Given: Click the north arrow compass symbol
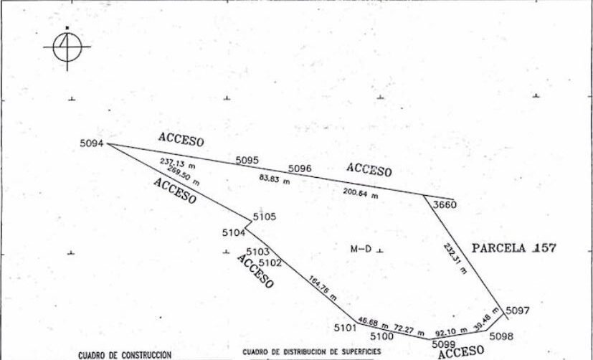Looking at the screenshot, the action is [67, 47].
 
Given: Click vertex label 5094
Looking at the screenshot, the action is [92, 143].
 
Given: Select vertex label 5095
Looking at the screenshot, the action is [247, 161].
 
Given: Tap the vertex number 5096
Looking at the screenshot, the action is [300, 169].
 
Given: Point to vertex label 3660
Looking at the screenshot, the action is [445, 204].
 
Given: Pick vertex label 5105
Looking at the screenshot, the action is [265, 217].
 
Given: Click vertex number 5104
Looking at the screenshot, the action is [234, 232].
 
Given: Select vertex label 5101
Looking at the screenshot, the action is [346, 328].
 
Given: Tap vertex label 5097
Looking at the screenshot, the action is [518, 311].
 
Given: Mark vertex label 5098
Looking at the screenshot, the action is [501, 336].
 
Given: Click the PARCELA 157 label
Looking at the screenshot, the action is [514, 248].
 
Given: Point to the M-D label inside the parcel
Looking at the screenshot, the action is [361, 249].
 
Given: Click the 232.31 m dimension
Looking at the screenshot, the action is [455, 259].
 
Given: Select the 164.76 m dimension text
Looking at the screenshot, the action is [323, 288].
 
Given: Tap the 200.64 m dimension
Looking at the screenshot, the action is [361, 193].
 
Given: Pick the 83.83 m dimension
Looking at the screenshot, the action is [275, 179].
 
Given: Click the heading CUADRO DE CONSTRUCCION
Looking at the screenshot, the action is [125, 355].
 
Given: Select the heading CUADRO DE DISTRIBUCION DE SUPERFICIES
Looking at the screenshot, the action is [312, 351].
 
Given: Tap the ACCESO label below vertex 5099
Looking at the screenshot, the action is [460, 351].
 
